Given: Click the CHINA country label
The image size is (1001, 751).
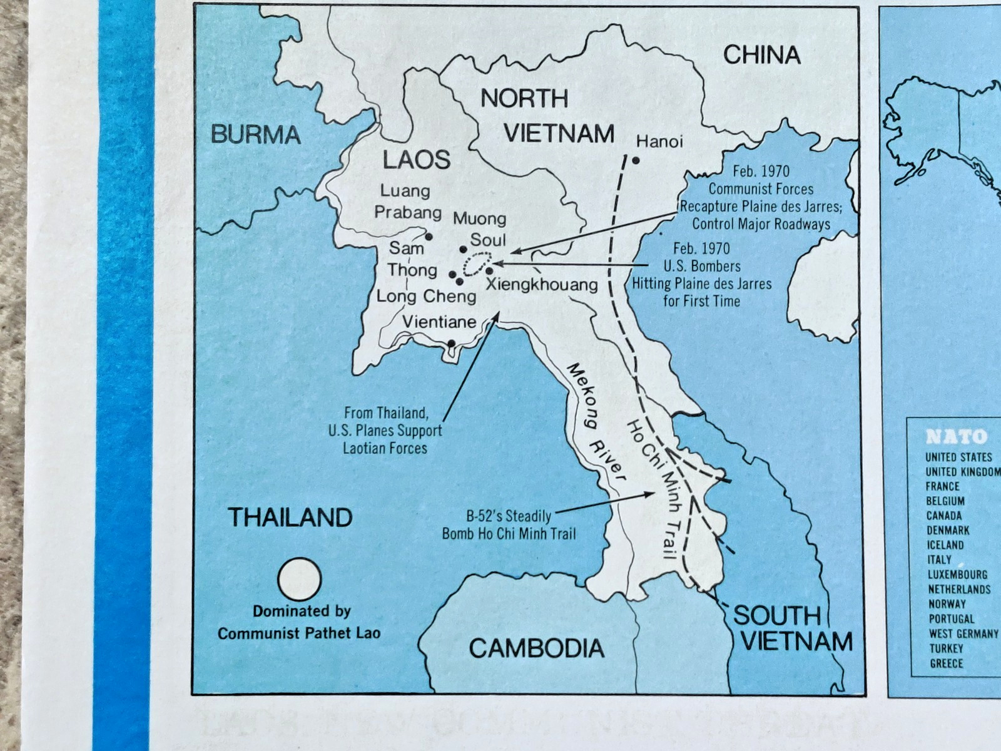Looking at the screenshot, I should click(x=761, y=55).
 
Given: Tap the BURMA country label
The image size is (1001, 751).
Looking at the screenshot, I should click(x=256, y=135).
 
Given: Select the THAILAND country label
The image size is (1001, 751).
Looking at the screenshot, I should click(x=290, y=518).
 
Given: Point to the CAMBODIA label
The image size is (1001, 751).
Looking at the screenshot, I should click(x=536, y=648).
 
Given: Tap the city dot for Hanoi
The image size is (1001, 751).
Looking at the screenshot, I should click(x=636, y=161).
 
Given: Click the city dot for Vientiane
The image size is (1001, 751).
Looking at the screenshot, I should click(x=451, y=343).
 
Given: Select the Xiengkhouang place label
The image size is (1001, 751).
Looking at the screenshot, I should click(x=542, y=285).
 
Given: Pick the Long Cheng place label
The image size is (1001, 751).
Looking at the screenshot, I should click(x=426, y=296).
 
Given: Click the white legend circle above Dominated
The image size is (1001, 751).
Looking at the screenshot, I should click(x=300, y=580).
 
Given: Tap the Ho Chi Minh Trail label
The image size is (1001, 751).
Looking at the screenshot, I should click(x=653, y=488).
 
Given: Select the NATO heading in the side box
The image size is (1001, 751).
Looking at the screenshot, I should click(x=956, y=436).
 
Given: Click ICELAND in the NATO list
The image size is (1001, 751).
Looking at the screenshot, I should click(x=945, y=545).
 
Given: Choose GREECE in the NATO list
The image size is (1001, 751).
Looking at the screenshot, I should click(x=946, y=663).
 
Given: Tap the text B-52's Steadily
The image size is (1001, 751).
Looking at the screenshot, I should click(x=509, y=516).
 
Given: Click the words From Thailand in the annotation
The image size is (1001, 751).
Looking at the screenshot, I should click(x=386, y=413).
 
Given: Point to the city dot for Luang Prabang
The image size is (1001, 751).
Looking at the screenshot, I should click(x=429, y=237).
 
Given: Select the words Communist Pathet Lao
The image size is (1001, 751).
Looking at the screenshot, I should click(x=298, y=633).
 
